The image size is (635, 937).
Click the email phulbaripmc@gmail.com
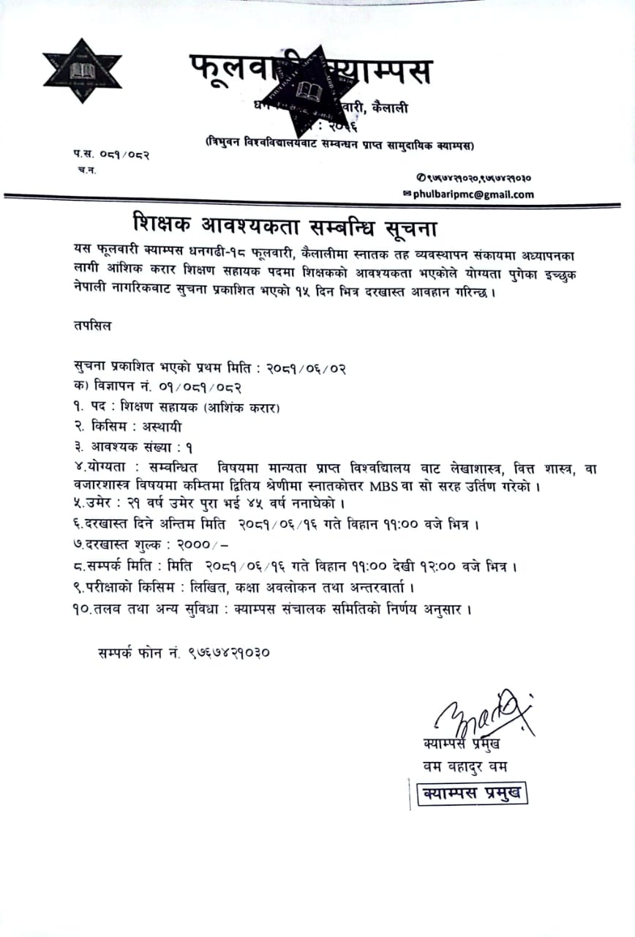point(473,195)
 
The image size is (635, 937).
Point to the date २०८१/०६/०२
point(296,367)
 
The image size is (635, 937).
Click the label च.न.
point(86,170)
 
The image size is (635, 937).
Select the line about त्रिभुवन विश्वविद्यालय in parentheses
point(339,146)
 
